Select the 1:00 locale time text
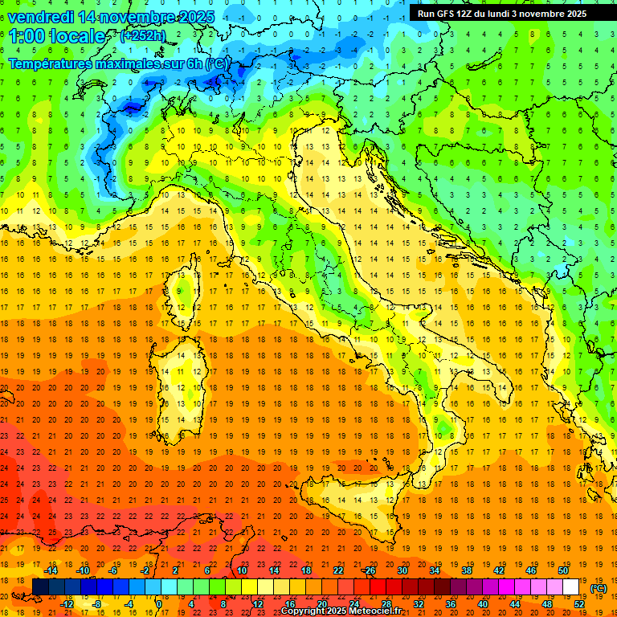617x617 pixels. [57, 36]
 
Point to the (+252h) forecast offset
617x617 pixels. [143, 36]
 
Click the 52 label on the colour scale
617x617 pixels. [579, 604]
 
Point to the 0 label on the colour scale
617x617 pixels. [158, 604]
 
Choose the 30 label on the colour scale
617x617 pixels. [402, 570]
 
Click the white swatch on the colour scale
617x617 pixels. [570, 587]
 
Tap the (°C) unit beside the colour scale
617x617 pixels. [599, 588]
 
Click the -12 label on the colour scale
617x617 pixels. [67, 604]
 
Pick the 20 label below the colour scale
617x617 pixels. [321, 604]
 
